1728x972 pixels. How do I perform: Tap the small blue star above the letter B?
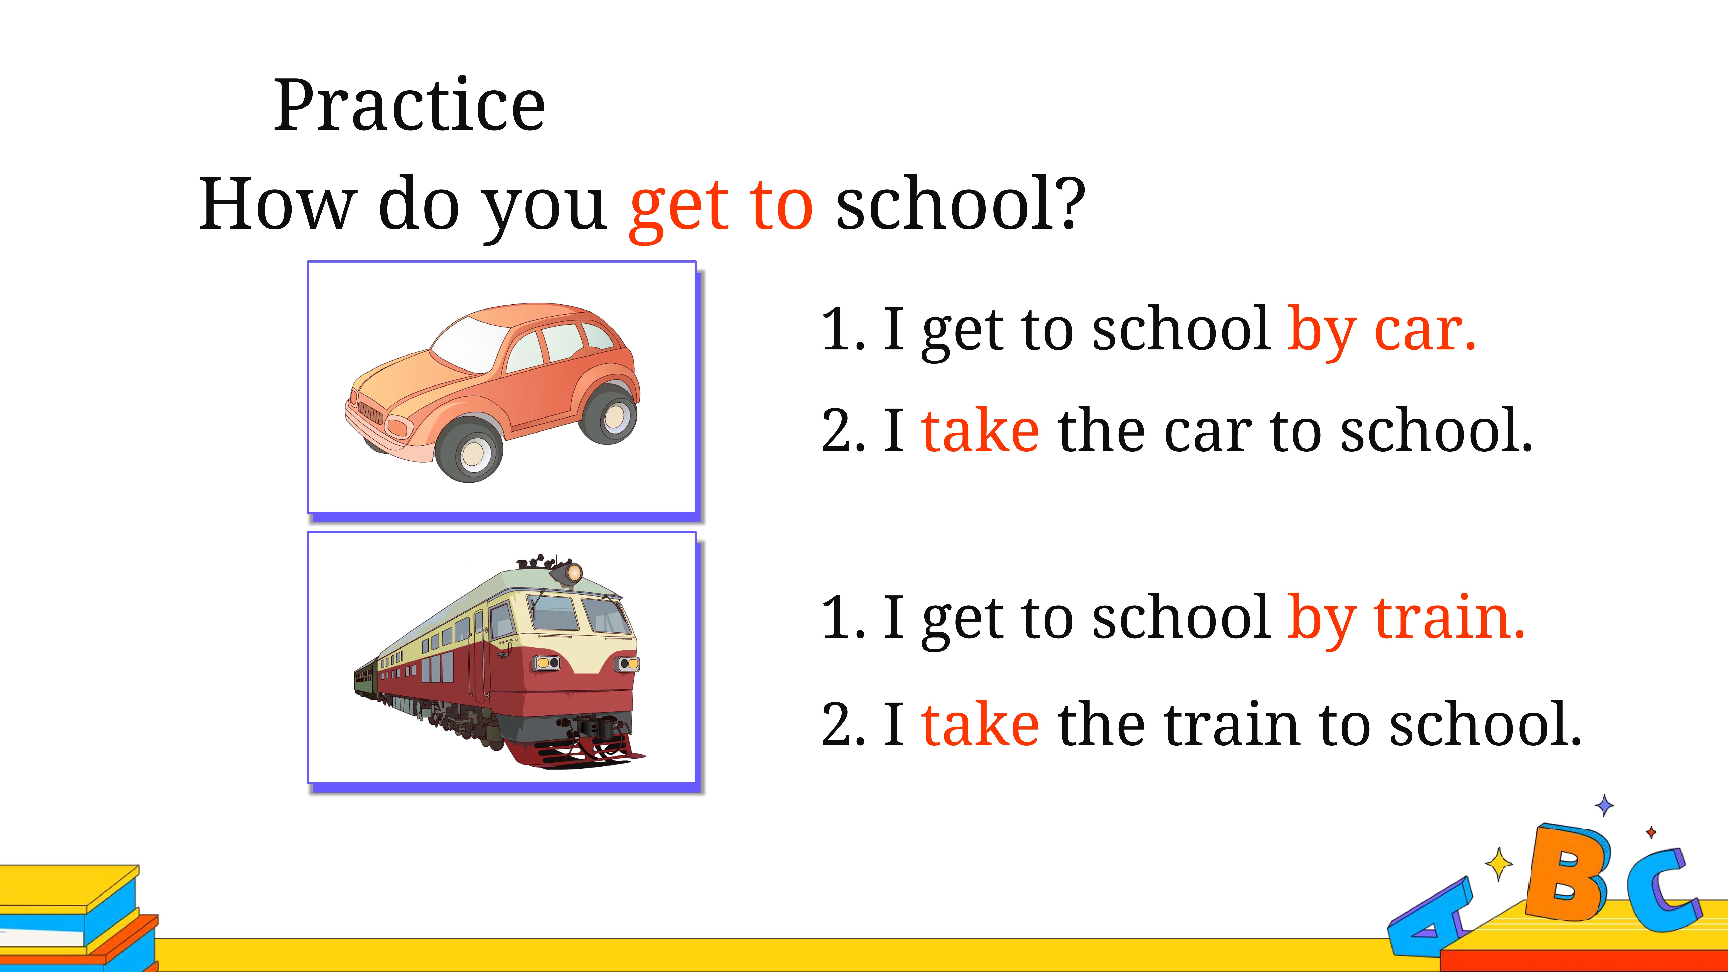[1604, 805]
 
